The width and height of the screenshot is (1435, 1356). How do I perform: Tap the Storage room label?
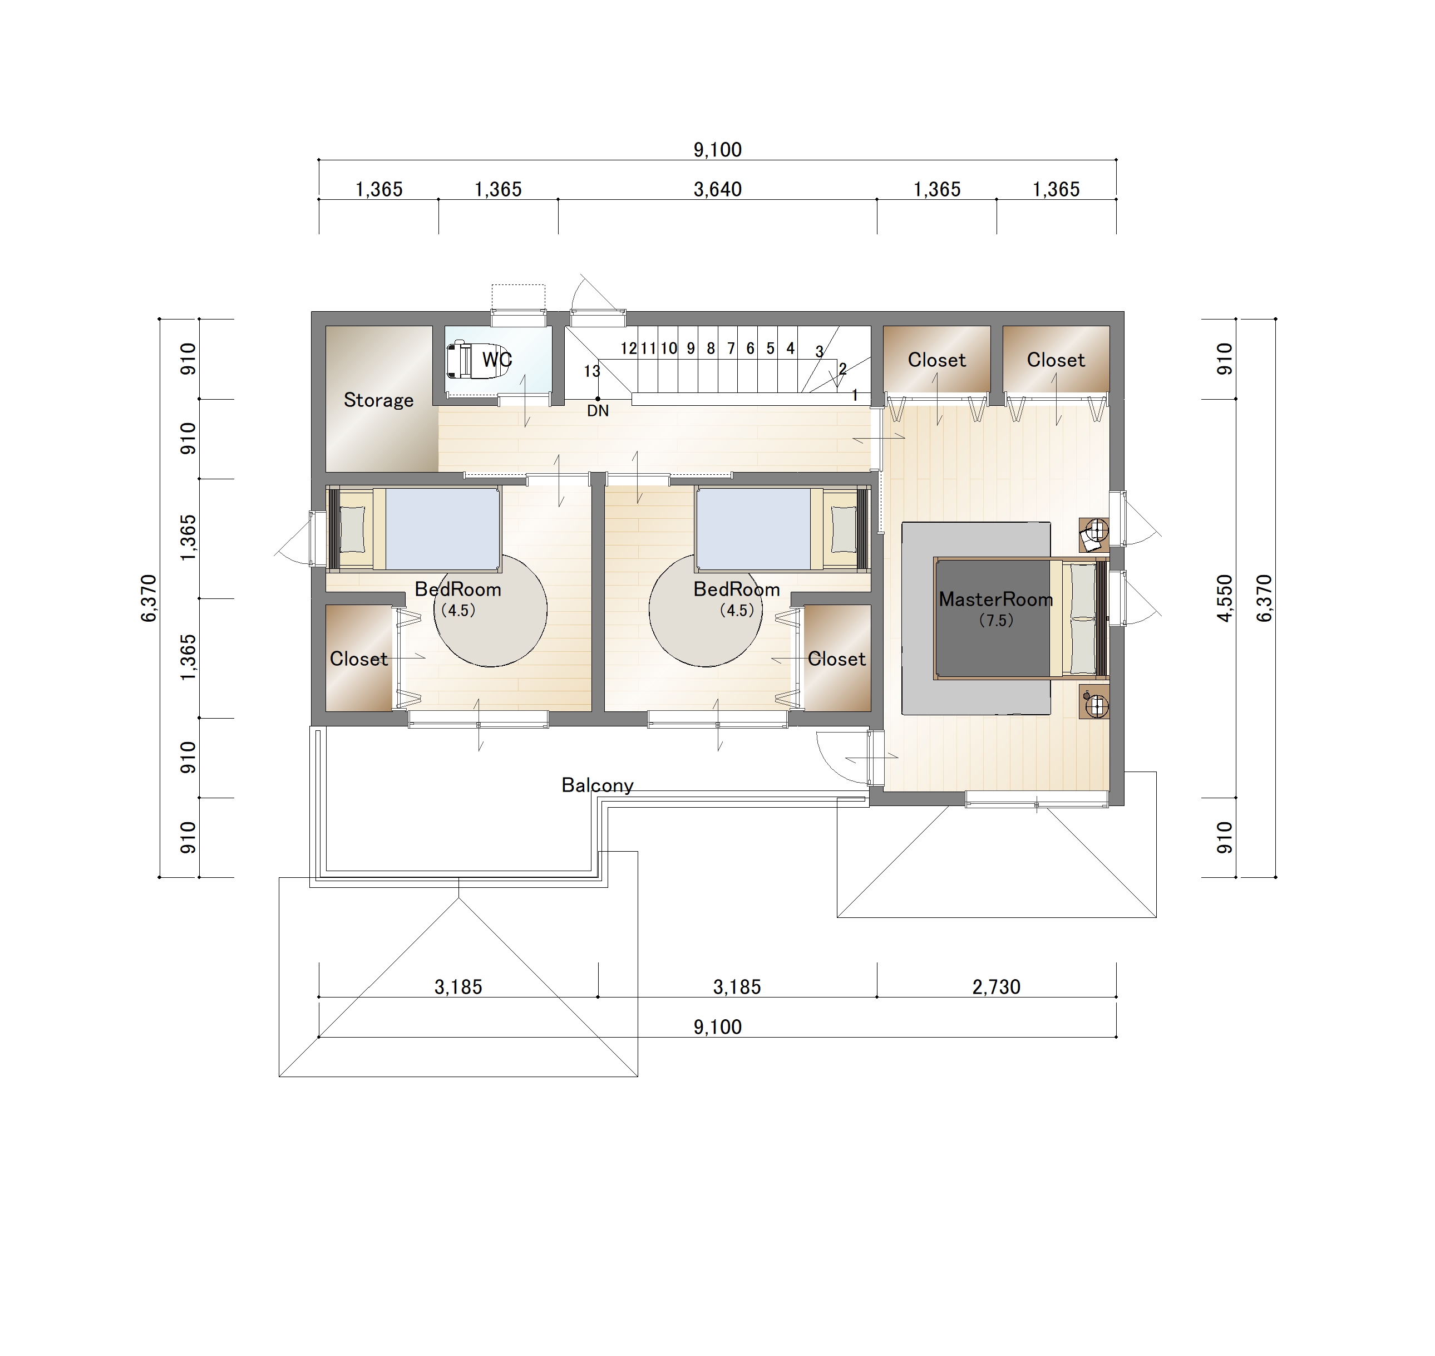coord(378,400)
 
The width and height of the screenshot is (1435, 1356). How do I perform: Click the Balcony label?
coord(598,785)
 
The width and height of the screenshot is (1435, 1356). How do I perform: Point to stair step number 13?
coord(592,371)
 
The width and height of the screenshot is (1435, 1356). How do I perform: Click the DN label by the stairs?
coord(598,411)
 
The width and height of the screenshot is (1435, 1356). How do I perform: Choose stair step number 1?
coord(855,395)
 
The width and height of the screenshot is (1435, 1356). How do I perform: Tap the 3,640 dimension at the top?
coord(718,189)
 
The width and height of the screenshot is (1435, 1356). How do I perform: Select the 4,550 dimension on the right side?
coord(1224,598)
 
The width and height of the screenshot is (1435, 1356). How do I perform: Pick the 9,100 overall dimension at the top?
coord(718,150)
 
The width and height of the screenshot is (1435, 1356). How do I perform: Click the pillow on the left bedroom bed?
coord(353,529)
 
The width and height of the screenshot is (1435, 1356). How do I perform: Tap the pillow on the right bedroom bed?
coord(843,529)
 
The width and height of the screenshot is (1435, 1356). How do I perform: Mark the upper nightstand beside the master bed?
coord(1094,535)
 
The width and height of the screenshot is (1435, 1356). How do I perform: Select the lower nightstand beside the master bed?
coord(1094,702)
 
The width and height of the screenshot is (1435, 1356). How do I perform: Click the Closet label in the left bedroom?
coord(358,659)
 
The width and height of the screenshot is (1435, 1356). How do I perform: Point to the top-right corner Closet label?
coord(1056,360)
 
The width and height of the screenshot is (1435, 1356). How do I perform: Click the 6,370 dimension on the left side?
coord(149,598)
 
